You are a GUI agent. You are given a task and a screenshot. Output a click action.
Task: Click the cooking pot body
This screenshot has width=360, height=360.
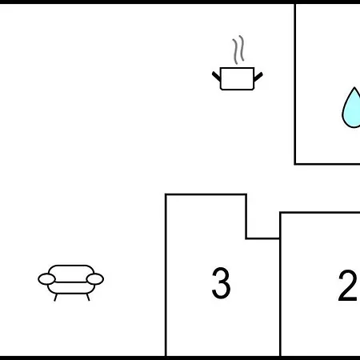click(237, 78)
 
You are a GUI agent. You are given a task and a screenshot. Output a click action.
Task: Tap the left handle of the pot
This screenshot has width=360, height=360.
click(216, 76)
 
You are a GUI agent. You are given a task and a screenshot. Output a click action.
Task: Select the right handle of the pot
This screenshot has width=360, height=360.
click(258, 77)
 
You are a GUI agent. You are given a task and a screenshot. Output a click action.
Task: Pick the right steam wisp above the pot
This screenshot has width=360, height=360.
click(242, 48)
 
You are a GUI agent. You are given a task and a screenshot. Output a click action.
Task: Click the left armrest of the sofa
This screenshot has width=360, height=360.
click(46, 279)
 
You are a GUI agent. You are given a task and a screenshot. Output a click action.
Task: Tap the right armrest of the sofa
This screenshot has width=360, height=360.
click(95, 279)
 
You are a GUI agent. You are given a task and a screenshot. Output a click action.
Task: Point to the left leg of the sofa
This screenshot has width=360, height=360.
click(55, 298)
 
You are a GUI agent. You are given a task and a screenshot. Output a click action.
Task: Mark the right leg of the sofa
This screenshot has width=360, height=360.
click(88, 297)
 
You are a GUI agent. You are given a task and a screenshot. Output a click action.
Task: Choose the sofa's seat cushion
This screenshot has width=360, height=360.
click(71, 288)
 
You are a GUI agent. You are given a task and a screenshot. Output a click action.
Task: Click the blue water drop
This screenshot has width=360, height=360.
click(351, 108)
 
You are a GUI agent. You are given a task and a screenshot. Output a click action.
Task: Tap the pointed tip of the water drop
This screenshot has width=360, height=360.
click(354, 87)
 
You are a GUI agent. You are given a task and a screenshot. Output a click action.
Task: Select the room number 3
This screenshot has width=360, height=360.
click(221, 283)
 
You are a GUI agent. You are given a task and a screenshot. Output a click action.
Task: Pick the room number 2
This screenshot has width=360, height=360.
click(347, 286)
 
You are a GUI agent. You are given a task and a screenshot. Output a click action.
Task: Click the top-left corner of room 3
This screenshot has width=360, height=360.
click(166, 194)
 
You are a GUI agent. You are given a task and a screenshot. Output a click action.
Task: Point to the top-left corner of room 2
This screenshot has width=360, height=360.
click(280, 213)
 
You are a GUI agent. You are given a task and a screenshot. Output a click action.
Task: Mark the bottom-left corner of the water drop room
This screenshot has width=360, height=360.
click(295, 164)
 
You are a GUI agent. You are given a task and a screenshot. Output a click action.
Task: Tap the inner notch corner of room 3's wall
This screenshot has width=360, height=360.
click(246, 238)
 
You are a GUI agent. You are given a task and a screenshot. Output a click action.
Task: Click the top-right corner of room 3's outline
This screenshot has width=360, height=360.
click(246, 194)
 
